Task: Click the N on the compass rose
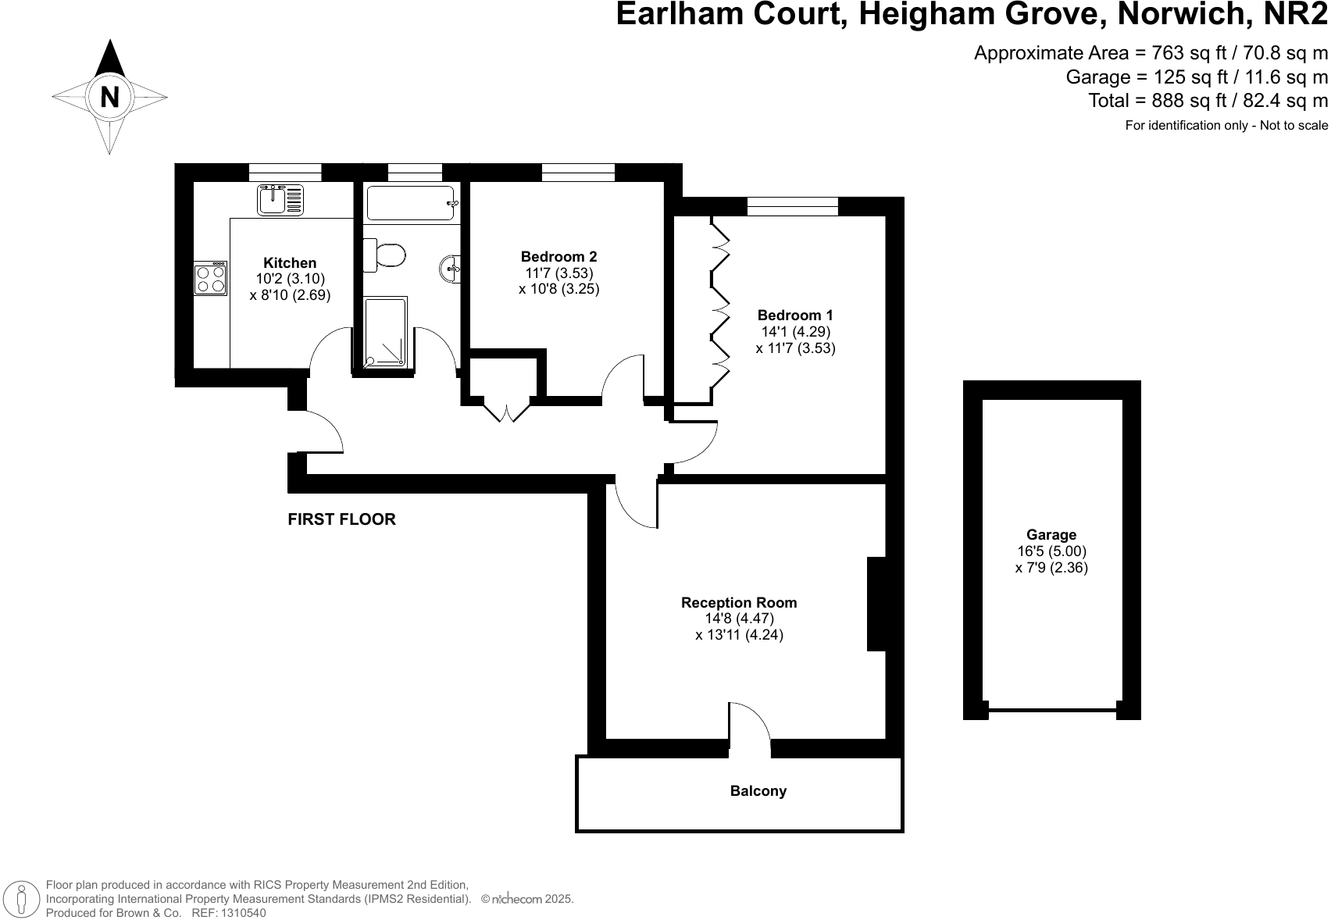pyautogui.click(x=110, y=98)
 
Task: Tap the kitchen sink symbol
pyautogui.click(x=280, y=200)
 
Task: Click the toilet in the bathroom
pyautogui.click(x=385, y=255)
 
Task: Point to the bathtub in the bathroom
pyautogui.click(x=411, y=203)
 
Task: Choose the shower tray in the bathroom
pyautogui.click(x=386, y=331)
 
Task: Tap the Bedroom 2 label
pyautogui.click(x=558, y=256)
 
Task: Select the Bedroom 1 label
pyautogui.click(x=795, y=316)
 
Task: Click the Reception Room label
pyautogui.click(x=739, y=602)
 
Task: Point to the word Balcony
pyautogui.click(x=758, y=791)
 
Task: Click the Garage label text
pyautogui.click(x=1051, y=535)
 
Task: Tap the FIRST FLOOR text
pyautogui.click(x=341, y=519)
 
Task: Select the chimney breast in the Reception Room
pyautogui.click(x=876, y=604)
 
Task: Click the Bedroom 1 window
pyautogui.click(x=792, y=206)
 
